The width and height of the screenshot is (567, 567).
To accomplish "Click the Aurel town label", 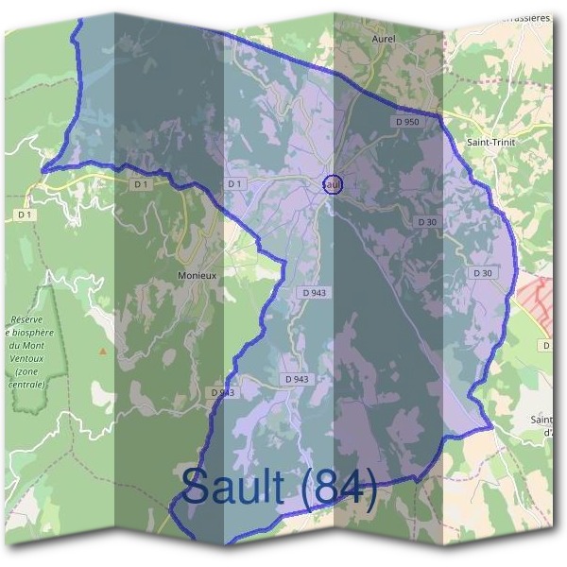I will (385, 39).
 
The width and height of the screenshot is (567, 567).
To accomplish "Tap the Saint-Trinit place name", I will (490, 141).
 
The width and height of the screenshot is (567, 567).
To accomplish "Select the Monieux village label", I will (197, 275).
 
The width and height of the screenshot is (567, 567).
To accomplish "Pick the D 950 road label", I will (407, 122).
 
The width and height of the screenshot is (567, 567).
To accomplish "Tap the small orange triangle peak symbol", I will (103, 351).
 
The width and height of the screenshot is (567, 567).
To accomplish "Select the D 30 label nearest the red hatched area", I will (482, 273).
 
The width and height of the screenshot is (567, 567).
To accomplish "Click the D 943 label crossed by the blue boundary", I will (222, 392).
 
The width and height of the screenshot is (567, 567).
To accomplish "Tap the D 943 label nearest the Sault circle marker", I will (315, 293).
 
